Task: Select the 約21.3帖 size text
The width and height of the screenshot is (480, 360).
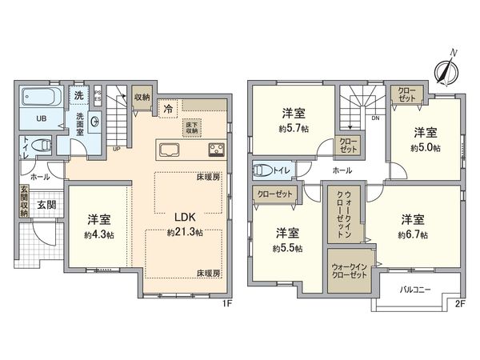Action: tap(185, 232)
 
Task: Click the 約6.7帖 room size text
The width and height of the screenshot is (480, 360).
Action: tap(414, 234)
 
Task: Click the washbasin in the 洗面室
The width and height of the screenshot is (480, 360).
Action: tap(95, 122)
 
